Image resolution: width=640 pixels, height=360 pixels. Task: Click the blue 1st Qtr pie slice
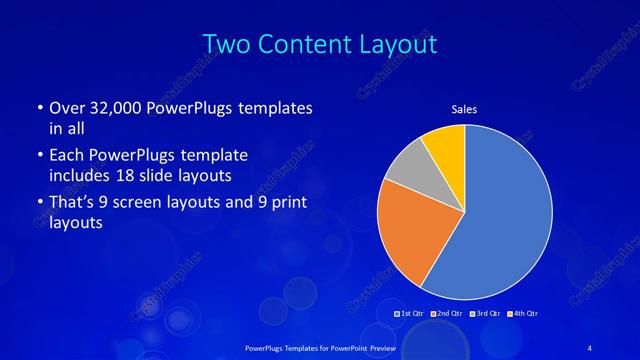pyautogui.click(x=505, y=215)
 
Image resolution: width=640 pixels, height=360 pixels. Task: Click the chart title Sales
pyautogui.click(x=464, y=110)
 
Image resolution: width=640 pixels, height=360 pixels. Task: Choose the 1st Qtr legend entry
pyautogui.click(x=411, y=313)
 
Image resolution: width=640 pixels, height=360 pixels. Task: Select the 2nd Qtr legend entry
pyautogui.click(x=446, y=313)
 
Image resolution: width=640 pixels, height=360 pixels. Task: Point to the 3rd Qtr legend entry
pyautogui.click(x=484, y=313)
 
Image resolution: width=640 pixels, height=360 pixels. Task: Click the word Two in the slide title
pyautogui.click(x=228, y=45)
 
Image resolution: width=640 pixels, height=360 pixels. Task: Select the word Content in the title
pyautogui.click(x=311, y=45)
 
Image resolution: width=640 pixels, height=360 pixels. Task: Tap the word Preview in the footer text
pyautogui.click(x=381, y=346)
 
